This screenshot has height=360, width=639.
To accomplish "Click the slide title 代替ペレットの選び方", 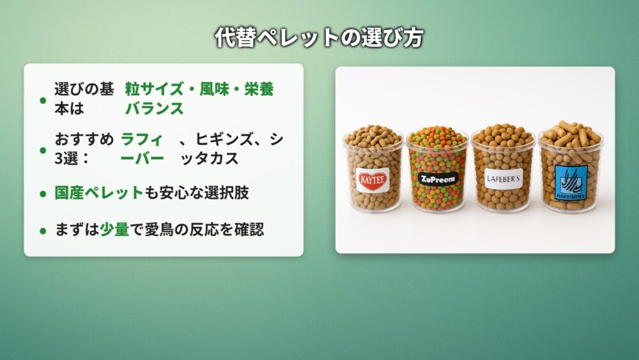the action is [319, 38].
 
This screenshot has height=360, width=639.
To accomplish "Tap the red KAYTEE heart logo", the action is [373, 180].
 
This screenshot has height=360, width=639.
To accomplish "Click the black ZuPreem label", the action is [438, 178].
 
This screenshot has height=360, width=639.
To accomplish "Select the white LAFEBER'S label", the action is [504, 178].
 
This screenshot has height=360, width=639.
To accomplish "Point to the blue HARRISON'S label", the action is [571, 182].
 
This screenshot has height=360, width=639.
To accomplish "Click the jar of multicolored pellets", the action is [438, 169].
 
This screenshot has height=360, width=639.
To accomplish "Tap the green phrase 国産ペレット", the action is [99, 193].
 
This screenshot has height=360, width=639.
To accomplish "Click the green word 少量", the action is [114, 230].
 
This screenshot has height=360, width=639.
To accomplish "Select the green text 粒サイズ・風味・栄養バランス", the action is [199, 98].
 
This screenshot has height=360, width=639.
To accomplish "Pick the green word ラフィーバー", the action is [142, 149].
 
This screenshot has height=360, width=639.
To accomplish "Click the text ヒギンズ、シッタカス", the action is [231, 149].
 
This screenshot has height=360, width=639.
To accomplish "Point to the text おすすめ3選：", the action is [84, 149].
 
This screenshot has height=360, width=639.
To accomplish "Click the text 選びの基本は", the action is [84, 98].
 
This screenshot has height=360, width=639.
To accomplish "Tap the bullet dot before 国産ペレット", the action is [43, 194].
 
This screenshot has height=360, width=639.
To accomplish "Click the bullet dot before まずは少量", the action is [43, 231].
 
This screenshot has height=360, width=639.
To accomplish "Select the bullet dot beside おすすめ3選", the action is [43, 150].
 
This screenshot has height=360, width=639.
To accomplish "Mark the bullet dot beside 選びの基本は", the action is [43, 100].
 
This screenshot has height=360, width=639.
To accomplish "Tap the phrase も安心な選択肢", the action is [197, 193].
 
